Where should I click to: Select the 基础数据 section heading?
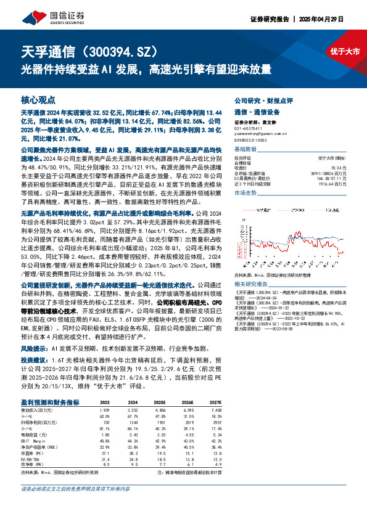[247, 150]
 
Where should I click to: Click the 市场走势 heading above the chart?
[247, 193]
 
